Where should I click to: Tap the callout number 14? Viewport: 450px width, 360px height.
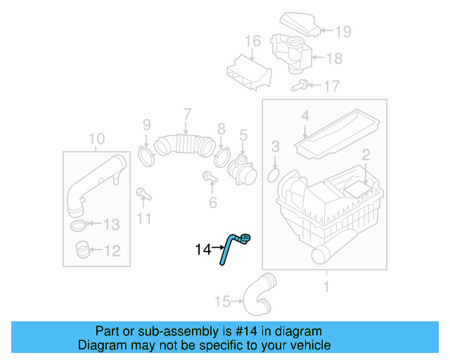click(x=202, y=249)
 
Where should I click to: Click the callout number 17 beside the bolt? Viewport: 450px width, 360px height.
click(x=330, y=86)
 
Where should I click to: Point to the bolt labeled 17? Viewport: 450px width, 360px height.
click(x=298, y=86)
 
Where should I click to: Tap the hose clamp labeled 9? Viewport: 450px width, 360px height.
click(x=147, y=155)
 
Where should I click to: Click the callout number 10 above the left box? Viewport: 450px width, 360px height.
click(x=97, y=138)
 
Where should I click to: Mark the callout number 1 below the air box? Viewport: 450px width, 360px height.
click(x=326, y=287)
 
